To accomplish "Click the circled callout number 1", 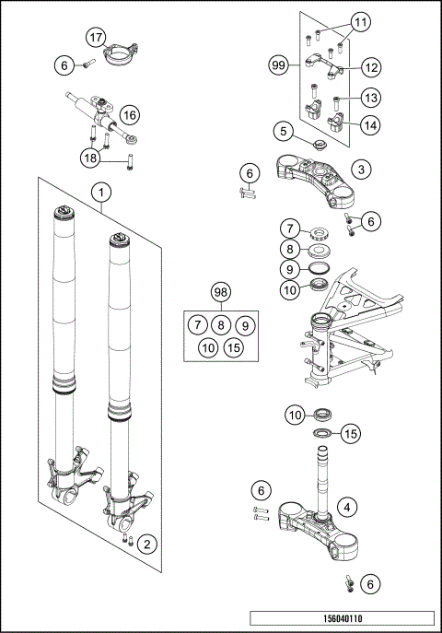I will point(101,193).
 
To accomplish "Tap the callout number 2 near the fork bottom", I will point(145,545).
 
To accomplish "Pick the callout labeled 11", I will point(360,20).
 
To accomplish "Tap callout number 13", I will point(370,98).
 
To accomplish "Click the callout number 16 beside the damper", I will point(128,114).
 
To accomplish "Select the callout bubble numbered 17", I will point(96,38).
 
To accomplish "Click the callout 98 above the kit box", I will point(220,291).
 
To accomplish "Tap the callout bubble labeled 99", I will point(276,66).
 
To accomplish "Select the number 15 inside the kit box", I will point(235,347).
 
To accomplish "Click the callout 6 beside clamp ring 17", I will point(64,64).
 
